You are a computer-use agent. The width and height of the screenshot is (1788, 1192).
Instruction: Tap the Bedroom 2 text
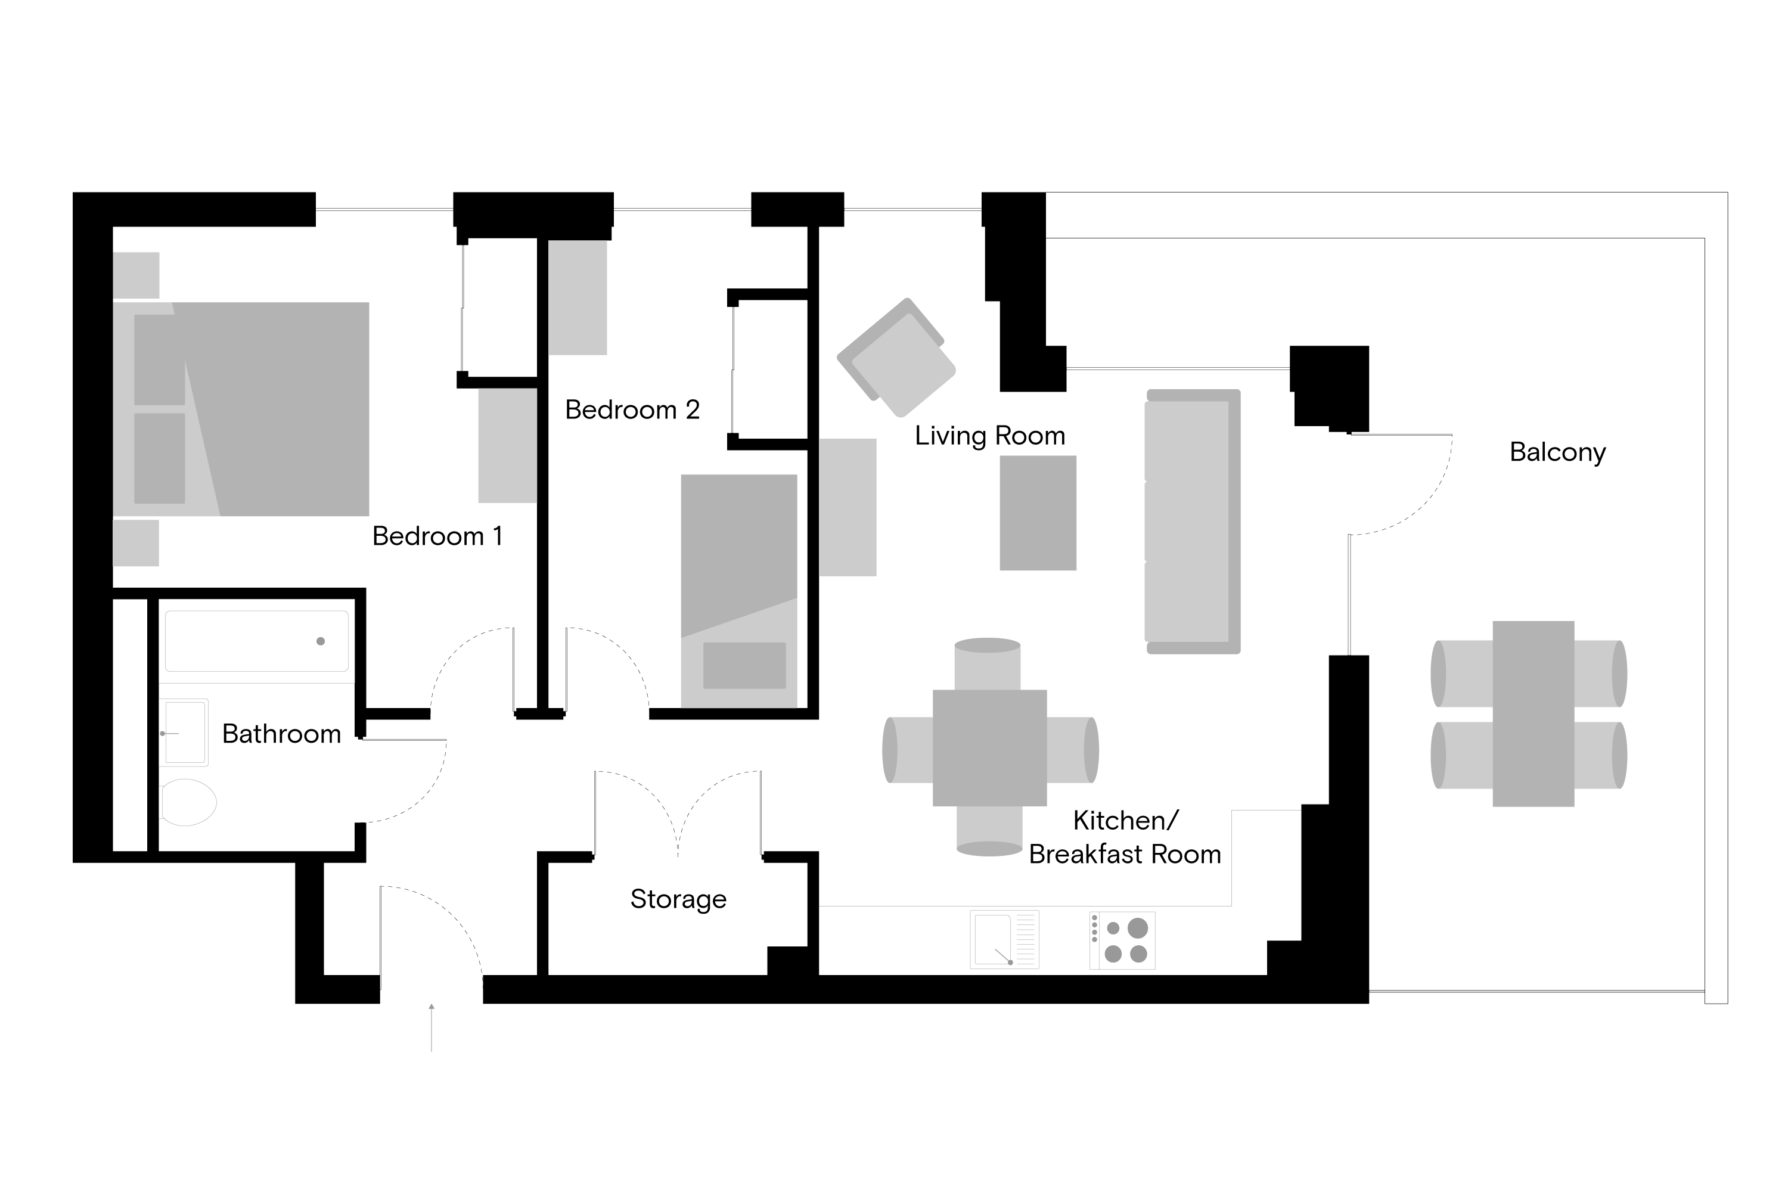click(x=632, y=411)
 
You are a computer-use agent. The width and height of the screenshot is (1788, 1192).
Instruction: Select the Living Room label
click(x=990, y=436)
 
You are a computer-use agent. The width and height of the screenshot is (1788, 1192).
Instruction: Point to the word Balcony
click(x=1558, y=453)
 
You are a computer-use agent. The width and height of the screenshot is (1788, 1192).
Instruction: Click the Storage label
click(x=678, y=899)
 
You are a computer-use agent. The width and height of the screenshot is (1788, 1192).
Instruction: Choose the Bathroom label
click(x=281, y=734)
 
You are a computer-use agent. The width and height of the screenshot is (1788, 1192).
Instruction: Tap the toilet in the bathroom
click(x=188, y=803)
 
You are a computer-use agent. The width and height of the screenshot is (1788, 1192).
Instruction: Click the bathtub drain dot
click(x=321, y=642)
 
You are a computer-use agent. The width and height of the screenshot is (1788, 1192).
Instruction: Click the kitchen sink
click(x=1004, y=940)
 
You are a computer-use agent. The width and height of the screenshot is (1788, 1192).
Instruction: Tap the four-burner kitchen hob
click(x=1122, y=940)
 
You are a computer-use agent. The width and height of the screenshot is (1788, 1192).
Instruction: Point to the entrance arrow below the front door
click(x=432, y=1028)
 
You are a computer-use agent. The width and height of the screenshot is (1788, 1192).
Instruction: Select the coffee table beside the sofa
click(x=1038, y=513)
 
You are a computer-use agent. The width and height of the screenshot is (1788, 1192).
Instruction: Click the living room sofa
click(x=1193, y=521)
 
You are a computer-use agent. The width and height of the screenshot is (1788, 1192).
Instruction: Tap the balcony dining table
click(x=1534, y=714)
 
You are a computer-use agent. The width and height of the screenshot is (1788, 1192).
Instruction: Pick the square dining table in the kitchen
click(x=990, y=748)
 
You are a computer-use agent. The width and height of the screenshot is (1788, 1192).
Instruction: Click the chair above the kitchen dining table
click(x=988, y=664)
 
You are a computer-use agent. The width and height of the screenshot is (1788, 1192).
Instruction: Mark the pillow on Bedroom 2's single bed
click(x=744, y=666)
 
